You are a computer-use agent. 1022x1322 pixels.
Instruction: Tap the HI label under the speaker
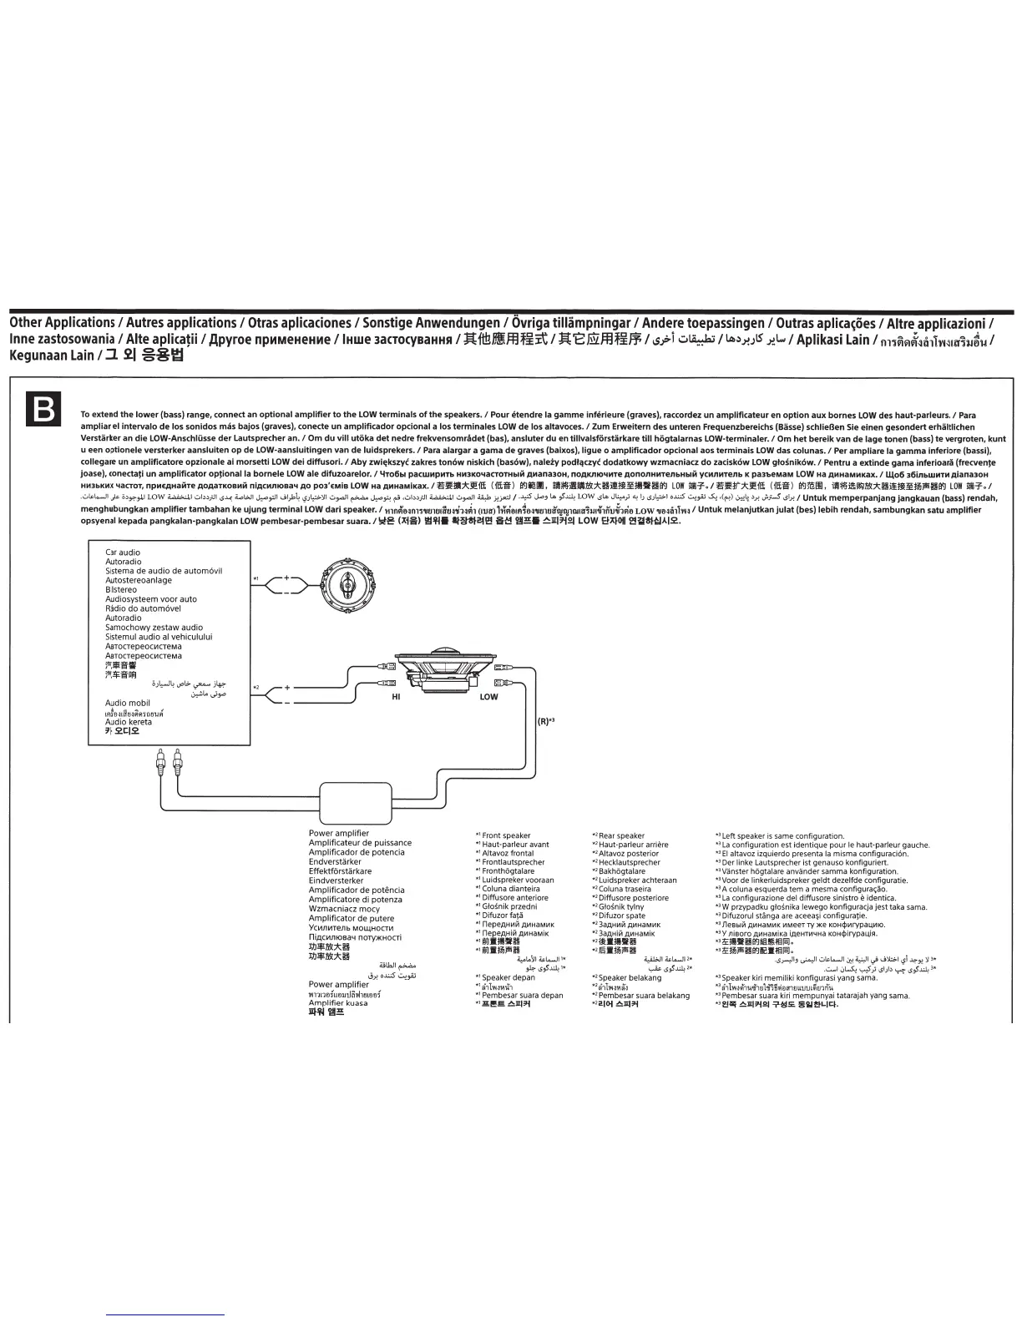coord(396,697)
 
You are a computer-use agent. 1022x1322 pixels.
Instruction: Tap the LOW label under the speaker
coord(489,697)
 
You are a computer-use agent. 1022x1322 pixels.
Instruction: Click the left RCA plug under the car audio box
coord(159,761)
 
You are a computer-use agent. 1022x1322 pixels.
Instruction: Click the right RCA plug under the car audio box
coord(177,761)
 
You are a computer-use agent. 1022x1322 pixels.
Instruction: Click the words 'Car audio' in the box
coord(123,553)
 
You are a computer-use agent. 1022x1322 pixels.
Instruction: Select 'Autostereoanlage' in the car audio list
coord(139,581)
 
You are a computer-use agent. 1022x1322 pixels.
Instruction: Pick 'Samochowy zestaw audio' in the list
coord(154,628)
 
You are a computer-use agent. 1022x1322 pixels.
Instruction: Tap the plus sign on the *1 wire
coord(286,578)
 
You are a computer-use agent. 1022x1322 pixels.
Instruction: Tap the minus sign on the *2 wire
coord(286,704)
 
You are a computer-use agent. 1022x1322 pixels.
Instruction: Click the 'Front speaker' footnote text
coord(506,835)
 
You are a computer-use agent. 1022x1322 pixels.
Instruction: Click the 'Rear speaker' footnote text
coord(621,835)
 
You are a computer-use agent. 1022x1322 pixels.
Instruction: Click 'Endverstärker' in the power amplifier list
coord(335,862)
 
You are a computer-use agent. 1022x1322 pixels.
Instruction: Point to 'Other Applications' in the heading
coord(62,323)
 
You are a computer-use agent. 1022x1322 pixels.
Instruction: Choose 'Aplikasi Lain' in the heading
coord(832,340)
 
